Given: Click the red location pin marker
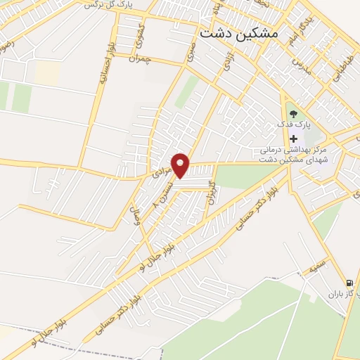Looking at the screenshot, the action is [x=181, y=165].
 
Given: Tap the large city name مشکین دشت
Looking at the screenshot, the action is [x=238, y=33].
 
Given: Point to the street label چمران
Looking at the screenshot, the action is [x=142, y=60].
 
